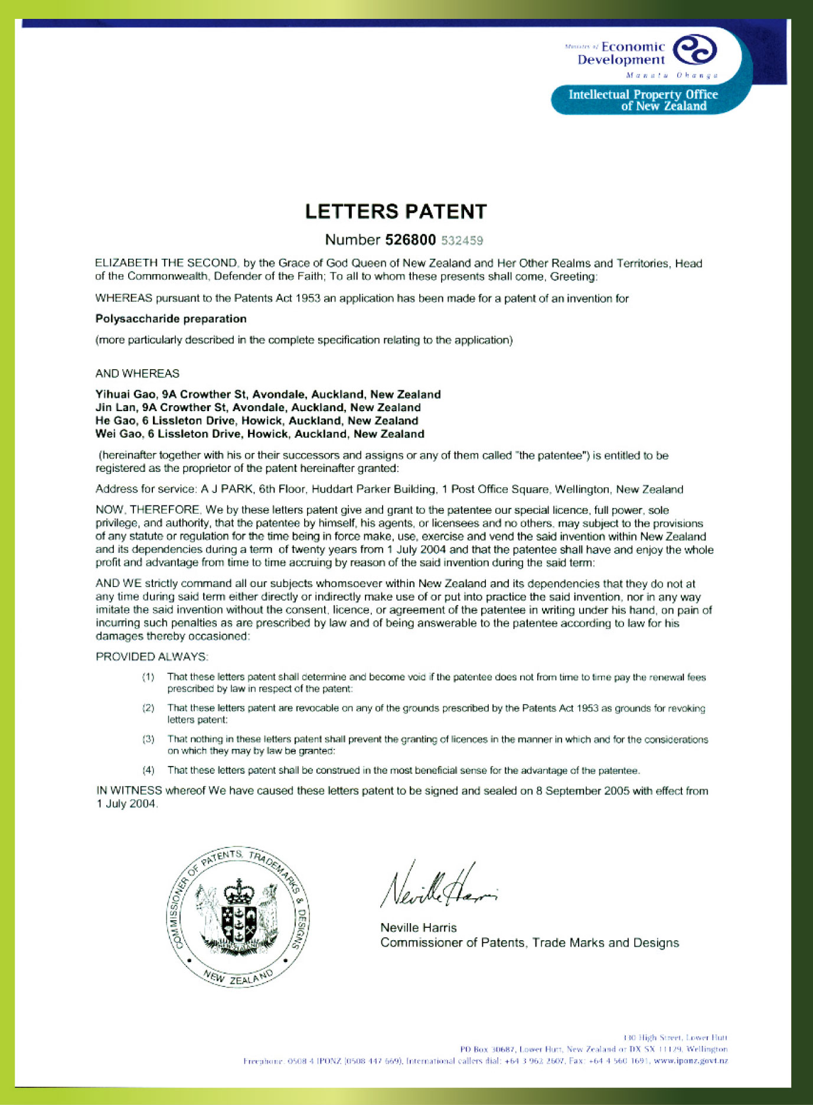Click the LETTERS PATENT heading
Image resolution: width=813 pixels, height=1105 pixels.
[x=396, y=211]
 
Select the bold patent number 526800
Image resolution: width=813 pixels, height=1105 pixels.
[x=410, y=240]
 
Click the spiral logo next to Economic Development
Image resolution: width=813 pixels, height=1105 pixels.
[x=695, y=51]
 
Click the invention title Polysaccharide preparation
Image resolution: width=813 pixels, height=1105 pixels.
[x=171, y=319]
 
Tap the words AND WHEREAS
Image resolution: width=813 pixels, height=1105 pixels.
[x=138, y=374]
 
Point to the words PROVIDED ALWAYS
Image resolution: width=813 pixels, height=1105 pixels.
[x=152, y=657]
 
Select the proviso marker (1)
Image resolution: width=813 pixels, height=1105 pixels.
[x=148, y=677]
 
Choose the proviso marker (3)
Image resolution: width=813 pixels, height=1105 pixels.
[x=148, y=739]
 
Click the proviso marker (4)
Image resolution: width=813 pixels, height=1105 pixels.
[x=148, y=770]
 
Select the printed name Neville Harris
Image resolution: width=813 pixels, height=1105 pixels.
[x=419, y=928]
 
